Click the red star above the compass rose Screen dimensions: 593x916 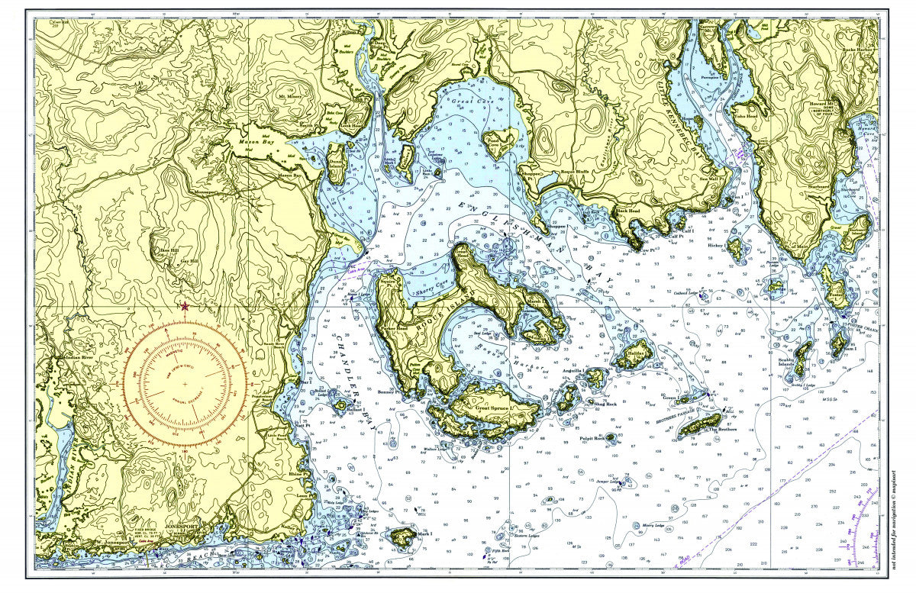coord(185,306)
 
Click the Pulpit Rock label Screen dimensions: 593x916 coord(592,440)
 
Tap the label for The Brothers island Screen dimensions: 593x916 coord(724,430)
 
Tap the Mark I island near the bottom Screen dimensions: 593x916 coord(402,537)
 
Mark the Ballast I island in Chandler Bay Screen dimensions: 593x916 coord(340,405)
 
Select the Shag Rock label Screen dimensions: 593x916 coord(605,404)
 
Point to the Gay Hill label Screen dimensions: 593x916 coord(179,259)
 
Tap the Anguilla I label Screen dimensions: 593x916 coord(572,371)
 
